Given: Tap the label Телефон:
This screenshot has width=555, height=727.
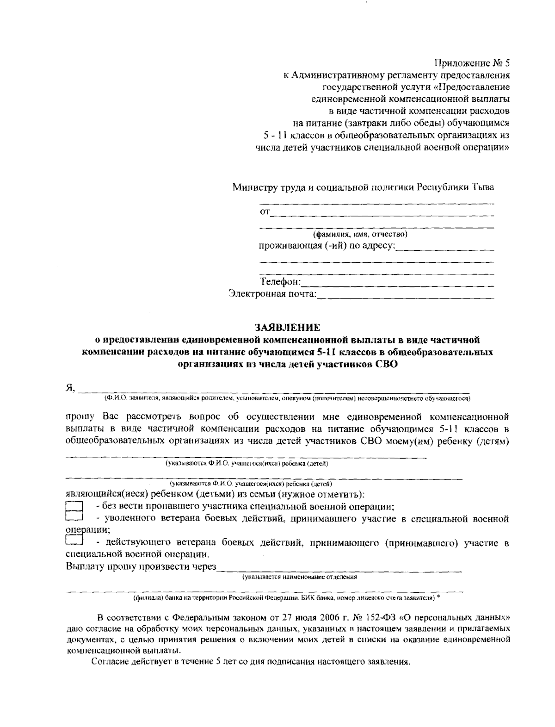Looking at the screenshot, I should [x=280, y=282].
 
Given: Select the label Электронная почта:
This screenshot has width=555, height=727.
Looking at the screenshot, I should [x=273, y=294].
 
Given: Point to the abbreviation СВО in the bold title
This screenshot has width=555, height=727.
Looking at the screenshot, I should [x=385, y=365].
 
